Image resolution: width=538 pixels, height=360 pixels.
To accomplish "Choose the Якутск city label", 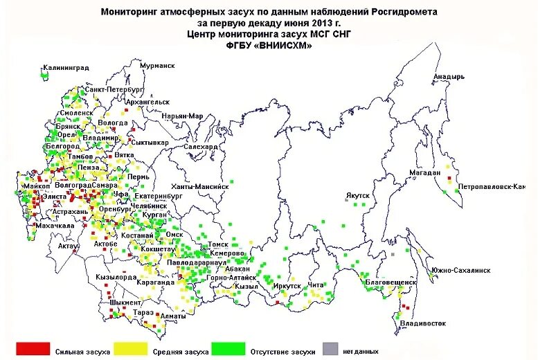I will [358, 196].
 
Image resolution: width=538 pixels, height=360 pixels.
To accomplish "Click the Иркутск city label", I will [287, 286].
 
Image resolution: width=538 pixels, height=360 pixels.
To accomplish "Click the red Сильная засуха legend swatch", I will [33, 348].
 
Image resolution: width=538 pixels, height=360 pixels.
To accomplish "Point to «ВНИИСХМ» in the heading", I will [289, 45].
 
